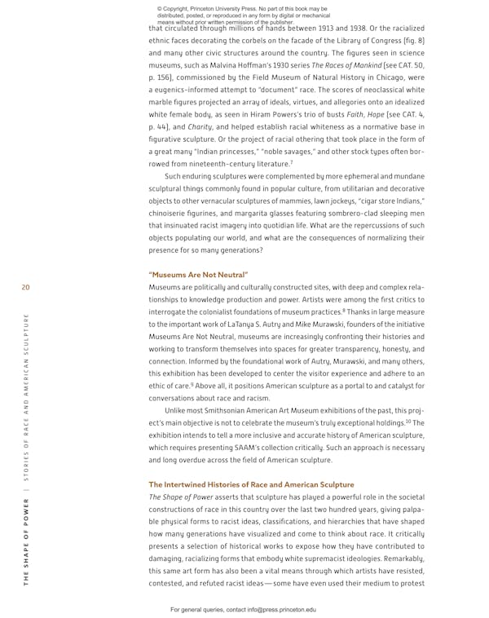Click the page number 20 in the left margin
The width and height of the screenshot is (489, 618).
26,287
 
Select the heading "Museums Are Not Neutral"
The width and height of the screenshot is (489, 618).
198,274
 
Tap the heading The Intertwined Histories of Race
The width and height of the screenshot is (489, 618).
251,484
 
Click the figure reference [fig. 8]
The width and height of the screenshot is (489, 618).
409,38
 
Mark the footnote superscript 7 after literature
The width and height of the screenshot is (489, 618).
291,161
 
